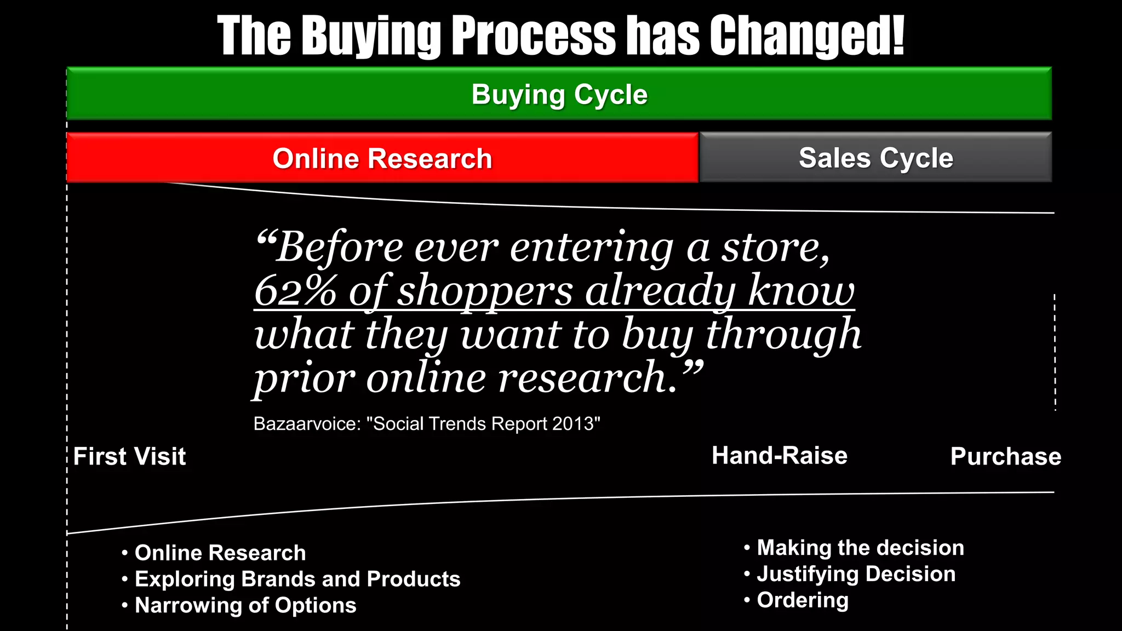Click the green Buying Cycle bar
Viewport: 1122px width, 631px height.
[x=559, y=94]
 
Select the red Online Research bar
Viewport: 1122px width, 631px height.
[x=382, y=159]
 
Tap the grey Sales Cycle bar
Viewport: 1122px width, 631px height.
[x=875, y=158]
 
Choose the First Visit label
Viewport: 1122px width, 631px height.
[x=130, y=457]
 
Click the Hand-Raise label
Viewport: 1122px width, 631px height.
[x=779, y=456]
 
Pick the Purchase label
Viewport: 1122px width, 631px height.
[x=1005, y=457]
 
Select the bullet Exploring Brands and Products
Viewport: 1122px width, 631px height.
[x=297, y=580]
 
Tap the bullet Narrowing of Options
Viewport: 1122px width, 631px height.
[x=245, y=606]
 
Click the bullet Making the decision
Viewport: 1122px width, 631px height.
[x=860, y=548]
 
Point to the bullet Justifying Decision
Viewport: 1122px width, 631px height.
[x=856, y=575]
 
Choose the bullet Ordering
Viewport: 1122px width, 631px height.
[x=803, y=601]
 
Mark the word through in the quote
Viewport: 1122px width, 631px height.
[x=783, y=335]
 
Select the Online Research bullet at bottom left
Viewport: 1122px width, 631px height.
[x=220, y=553]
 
